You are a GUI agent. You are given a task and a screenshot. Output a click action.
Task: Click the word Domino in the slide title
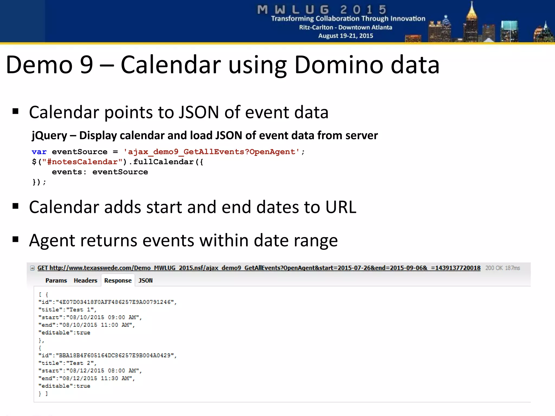pyautogui.click(x=339, y=65)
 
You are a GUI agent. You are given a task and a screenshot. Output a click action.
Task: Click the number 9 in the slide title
pyautogui.click(x=86, y=65)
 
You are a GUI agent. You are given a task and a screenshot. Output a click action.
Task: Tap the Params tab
pyautogui.click(x=56, y=281)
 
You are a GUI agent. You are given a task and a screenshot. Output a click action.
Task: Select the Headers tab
pyautogui.click(x=85, y=281)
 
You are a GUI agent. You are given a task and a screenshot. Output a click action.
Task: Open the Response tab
pyautogui.click(x=118, y=281)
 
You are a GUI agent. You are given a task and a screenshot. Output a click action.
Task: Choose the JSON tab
pyautogui.click(x=146, y=281)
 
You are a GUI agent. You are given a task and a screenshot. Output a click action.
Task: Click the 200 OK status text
pyautogui.click(x=494, y=268)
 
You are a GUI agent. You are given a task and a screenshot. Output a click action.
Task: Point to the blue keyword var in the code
pyautogui.click(x=39, y=152)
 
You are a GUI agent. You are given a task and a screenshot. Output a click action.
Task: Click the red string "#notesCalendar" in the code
pyautogui.click(x=82, y=162)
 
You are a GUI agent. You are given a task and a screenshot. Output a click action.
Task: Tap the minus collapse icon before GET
pyautogui.click(x=32, y=268)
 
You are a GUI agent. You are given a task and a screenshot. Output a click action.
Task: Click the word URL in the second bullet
pyautogui.click(x=341, y=207)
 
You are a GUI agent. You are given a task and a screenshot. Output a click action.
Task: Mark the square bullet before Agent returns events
pyautogui.click(x=15, y=239)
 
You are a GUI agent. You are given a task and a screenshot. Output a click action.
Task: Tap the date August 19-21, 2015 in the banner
pyautogui.click(x=346, y=36)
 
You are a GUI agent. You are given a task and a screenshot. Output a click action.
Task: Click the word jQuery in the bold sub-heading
pyautogui.click(x=49, y=136)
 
